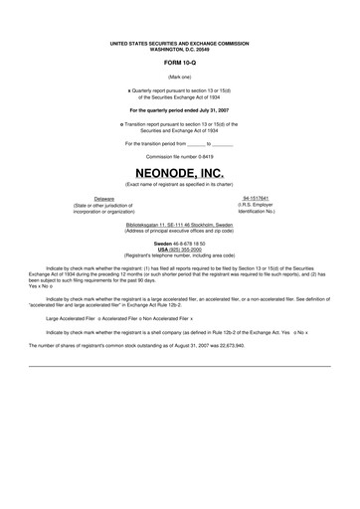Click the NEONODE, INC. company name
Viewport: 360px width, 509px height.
pos(179,171)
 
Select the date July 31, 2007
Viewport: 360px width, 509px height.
pos(206,109)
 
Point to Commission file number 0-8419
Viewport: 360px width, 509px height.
pos(179,156)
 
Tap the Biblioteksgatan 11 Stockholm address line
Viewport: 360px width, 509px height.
pos(179,226)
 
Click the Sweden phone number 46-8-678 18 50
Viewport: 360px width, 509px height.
pos(188,244)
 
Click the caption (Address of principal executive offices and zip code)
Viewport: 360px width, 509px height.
pos(179,232)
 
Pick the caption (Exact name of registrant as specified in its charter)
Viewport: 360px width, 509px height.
pos(179,185)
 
